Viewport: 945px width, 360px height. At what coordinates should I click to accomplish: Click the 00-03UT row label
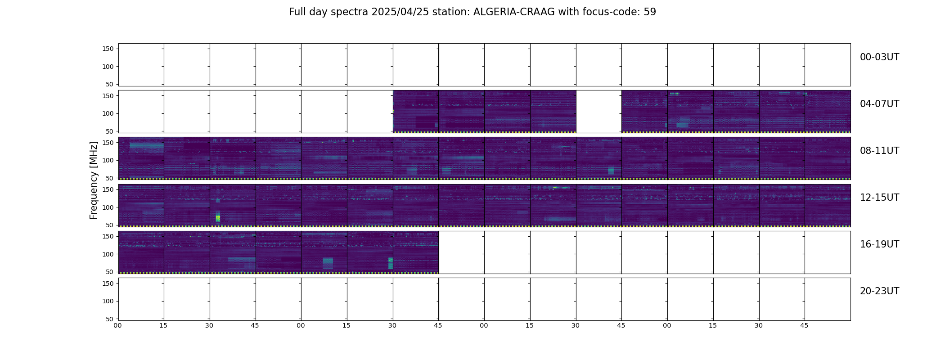click(879, 57)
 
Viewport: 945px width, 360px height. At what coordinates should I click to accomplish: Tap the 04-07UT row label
click(879, 104)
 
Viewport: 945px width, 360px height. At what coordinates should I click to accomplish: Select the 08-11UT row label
click(879, 151)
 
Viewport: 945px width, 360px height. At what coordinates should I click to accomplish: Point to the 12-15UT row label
click(879, 198)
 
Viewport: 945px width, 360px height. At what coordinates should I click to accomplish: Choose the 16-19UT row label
click(879, 244)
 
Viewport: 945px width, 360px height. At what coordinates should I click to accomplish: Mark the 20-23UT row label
click(879, 291)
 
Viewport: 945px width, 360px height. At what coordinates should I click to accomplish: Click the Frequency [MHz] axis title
click(94, 180)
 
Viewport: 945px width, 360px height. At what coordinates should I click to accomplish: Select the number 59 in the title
click(650, 12)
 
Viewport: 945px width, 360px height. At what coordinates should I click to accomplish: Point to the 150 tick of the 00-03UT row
click(108, 49)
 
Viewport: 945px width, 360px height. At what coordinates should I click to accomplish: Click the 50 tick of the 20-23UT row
click(110, 319)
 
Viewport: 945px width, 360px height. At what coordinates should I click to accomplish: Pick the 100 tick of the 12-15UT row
click(108, 207)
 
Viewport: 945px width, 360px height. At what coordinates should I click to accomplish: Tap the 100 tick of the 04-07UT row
click(108, 114)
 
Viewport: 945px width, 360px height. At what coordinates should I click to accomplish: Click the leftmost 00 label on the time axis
click(118, 325)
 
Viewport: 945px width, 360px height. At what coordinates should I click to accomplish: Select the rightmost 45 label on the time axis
click(805, 325)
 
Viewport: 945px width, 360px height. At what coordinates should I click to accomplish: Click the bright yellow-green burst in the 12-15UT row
click(218, 217)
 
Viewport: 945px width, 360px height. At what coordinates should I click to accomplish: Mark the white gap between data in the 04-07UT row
click(599, 112)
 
